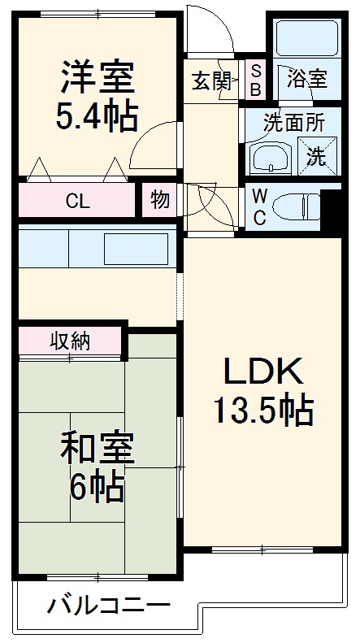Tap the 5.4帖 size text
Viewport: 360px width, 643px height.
pyautogui.click(x=96, y=117)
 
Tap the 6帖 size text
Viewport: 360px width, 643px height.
pyautogui.click(x=96, y=488)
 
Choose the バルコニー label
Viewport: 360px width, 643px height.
pyautogui.click(x=108, y=606)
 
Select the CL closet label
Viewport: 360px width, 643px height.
pyautogui.click(x=77, y=201)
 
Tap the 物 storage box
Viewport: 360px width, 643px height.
pyautogui.click(x=161, y=200)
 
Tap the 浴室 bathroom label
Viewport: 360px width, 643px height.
pyautogui.click(x=307, y=80)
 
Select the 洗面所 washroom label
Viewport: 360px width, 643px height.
pyautogui.click(x=293, y=123)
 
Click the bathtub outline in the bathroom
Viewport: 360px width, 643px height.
pyautogui.click(x=306, y=37)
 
